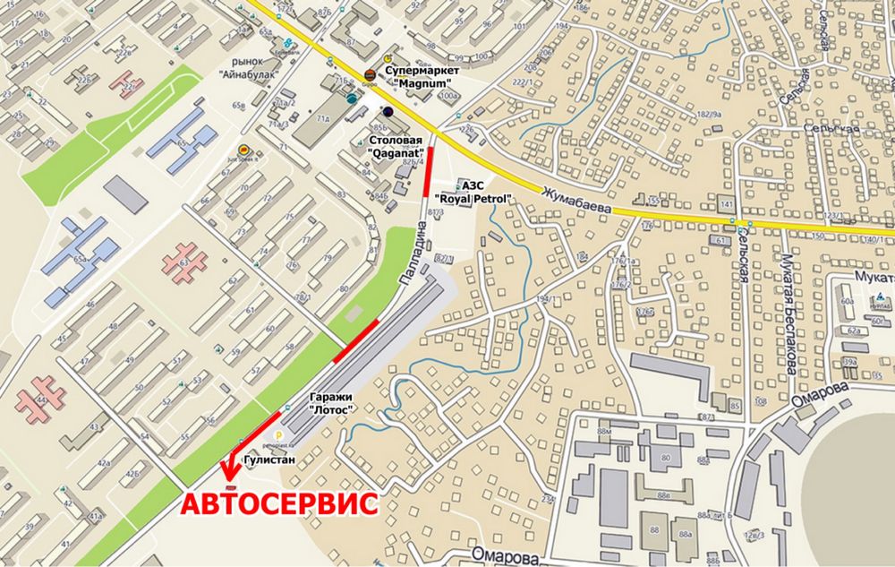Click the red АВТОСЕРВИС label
click(279, 503)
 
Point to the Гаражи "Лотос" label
click(329, 402)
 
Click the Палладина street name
click(408, 258)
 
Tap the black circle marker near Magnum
click(388, 111)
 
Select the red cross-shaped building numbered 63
click(184, 262)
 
